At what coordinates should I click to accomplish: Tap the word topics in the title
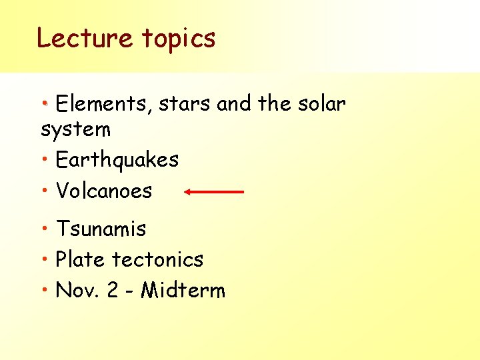(x=178, y=39)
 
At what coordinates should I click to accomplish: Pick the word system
(x=75, y=129)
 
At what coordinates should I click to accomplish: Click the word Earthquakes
(x=117, y=160)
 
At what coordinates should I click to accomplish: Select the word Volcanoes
(x=104, y=191)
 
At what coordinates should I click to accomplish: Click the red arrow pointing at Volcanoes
(x=215, y=192)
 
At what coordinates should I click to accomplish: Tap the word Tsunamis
(x=101, y=229)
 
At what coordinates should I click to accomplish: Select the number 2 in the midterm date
(x=113, y=291)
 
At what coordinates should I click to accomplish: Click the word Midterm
(x=183, y=291)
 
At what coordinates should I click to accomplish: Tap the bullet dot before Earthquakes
(x=44, y=161)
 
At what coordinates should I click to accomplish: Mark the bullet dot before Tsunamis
(x=44, y=230)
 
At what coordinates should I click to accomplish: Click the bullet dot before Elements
(x=44, y=105)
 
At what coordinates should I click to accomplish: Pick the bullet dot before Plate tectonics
(x=44, y=260)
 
